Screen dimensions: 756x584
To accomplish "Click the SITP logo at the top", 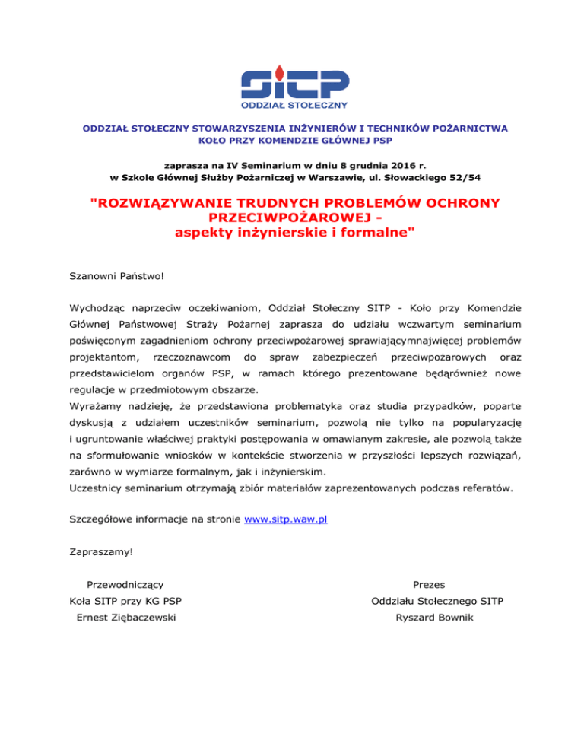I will [294, 87].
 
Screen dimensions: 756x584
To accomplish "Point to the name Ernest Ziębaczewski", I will [126, 617].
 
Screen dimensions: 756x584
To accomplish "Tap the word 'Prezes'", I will [428, 584].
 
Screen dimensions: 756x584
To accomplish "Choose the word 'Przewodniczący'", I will [126, 584].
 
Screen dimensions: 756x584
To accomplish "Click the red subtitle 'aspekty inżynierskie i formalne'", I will [293, 233].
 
